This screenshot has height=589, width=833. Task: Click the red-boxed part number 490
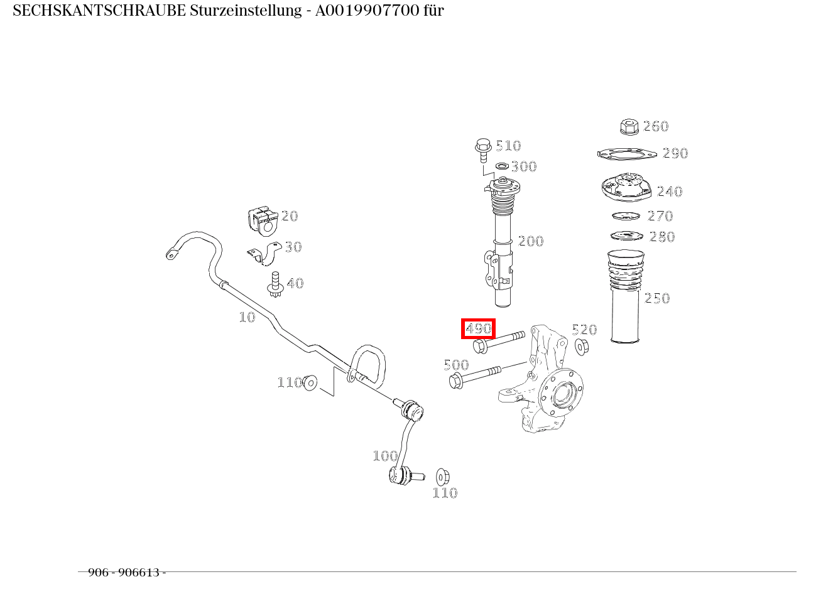[478, 328]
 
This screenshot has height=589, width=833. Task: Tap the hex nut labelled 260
[629, 126]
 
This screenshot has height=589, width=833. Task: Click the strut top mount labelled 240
[624, 187]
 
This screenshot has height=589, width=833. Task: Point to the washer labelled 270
[626, 217]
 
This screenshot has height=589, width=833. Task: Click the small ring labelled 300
[502, 166]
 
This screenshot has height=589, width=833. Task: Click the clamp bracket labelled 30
[265, 254]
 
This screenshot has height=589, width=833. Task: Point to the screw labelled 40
[275, 284]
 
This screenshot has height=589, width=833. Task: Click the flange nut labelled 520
[581, 345]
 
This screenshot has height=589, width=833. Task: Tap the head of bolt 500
[456, 380]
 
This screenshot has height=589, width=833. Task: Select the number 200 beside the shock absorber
[531, 241]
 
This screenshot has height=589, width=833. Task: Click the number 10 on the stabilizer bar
[247, 317]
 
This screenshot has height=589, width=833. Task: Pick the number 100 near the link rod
[384, 456]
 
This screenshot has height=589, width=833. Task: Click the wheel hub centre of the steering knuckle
[560, 394]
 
